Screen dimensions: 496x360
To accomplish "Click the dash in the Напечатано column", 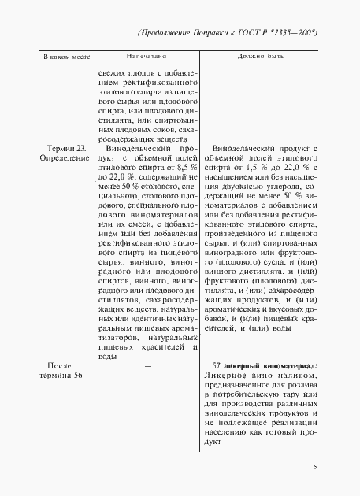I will (x=147, y=366).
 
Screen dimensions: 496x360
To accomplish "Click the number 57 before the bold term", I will (x=218, y=366).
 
